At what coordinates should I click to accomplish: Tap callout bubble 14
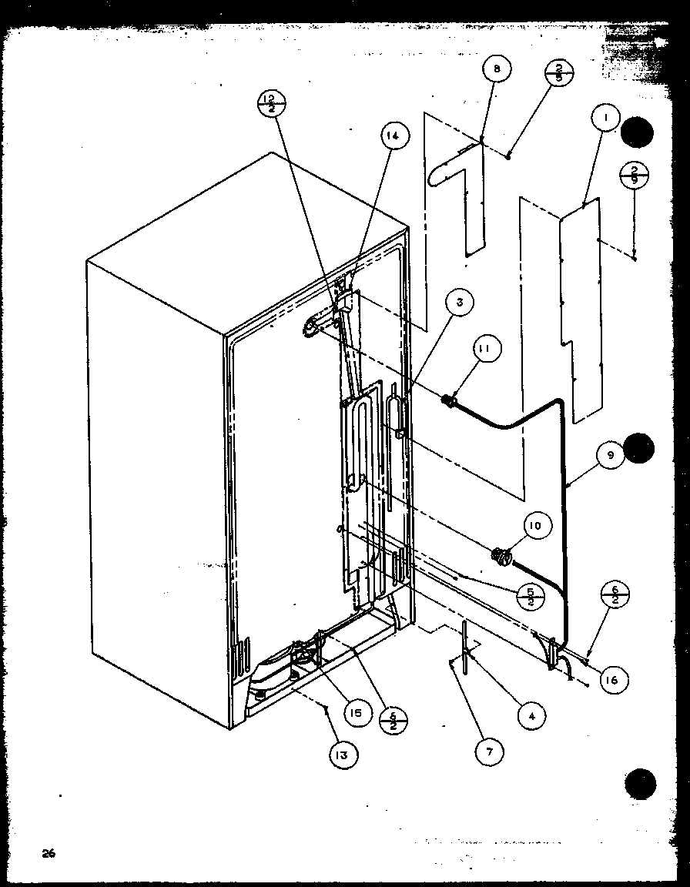pyautogui.click(x=394, y=136)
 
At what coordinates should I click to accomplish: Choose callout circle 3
pyautogui.click(x=459, y=303)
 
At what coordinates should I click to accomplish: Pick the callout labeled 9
pyautogui.click(x=610, y=456)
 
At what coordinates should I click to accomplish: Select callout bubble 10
pyautogui.click(x=534, y=526)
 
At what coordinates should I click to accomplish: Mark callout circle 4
pyautogui.click(x=531, y=715)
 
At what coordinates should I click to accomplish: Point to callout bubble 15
pyautogui.click(x=356, y=713)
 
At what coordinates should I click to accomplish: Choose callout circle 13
pyautogui.click(x=341, y=755)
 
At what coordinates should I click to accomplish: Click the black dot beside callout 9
pyautogui.click(x=638, y=447)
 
